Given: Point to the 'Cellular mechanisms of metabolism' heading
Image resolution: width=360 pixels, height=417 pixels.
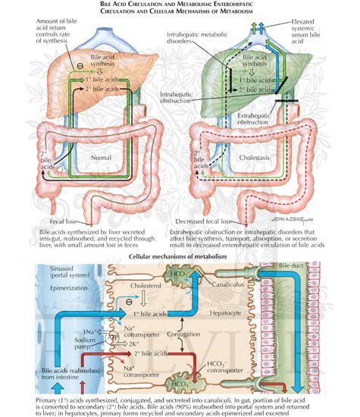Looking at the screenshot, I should [x=179, y=257].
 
